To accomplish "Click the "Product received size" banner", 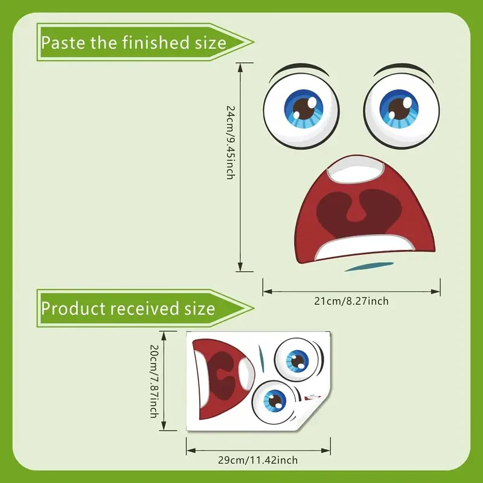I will (139, 309).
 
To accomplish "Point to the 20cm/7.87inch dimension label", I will (154, 381).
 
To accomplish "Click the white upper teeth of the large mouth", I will (355, 170).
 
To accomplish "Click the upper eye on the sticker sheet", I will (296, 360).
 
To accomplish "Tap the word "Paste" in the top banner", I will (59, 42).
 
